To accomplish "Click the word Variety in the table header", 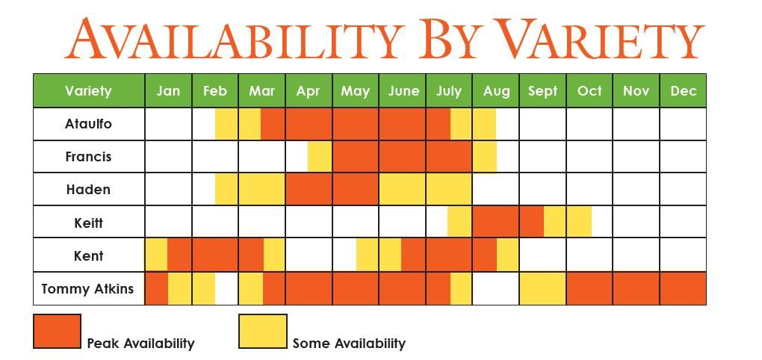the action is (88, 91).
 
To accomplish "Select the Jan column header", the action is (168, 91).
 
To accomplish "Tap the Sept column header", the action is (542, 91).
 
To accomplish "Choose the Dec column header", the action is (683, 91).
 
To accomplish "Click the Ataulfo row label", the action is (88, 124).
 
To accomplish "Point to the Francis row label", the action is (88, 157).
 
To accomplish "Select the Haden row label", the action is (88, 190).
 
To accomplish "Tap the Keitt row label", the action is (88, 223).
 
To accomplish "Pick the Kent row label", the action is (88, 255).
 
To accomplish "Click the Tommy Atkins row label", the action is (87, 289).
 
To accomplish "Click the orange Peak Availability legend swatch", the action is (57, 332).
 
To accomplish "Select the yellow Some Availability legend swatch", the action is (262, 332).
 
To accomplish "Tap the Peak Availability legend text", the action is (141, 344).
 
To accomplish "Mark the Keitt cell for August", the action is (496, 222).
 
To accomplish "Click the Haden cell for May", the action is (356, 189).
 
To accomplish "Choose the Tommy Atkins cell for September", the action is (542, 288).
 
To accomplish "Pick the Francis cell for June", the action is (403, 156).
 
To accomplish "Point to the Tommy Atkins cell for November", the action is (636, 288).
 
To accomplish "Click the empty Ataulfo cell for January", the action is (168, 124).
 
